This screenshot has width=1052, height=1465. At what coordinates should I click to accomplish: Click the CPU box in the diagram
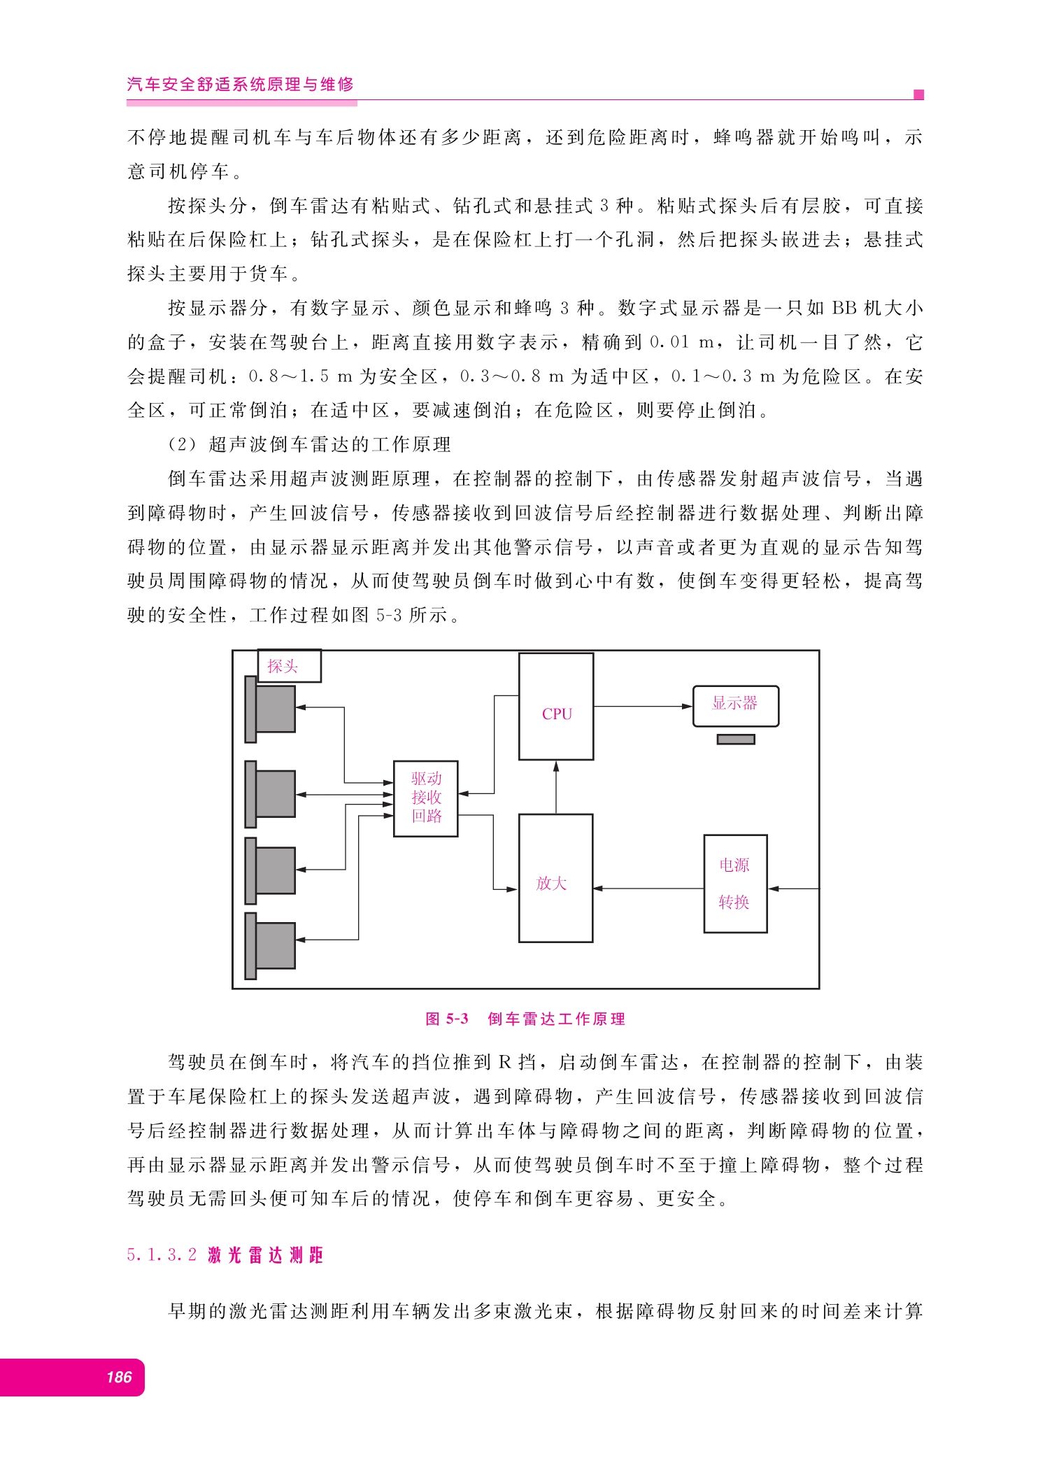pyautogui.click(x=556, y=707)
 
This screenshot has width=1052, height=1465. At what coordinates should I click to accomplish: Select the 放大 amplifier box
pyautogui.click(x=556, y=878)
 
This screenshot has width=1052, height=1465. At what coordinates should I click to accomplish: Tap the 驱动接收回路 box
pyautogui.click(x=426, y=798)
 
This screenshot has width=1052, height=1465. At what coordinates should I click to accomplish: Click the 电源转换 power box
pyautogui.click(x=735, y=884)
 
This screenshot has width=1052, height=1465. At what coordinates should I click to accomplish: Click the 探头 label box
pyautogui.click(x=290, y=665)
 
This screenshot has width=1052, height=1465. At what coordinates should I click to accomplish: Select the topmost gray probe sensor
pyautogui.click(x=270, y=709)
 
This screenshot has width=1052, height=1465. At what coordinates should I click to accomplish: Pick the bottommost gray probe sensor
pyautogui.click(x=270, y=946)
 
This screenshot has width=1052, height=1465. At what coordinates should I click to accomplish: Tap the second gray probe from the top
pyautogui.click(x=270, y=794)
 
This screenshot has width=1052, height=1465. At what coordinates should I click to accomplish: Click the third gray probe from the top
pyautogui.click(x=270, y=871)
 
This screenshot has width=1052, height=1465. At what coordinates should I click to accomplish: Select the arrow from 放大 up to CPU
pyautogui.click(x=556, y=787)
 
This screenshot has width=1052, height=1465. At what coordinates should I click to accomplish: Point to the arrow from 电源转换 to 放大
pyautogui.click(x=648, y=889)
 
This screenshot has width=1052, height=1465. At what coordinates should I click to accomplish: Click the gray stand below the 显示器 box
pyautogui.click(x=736, y=739)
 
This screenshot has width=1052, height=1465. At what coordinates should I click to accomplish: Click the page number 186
pyautogui.click(x=119, y=1377)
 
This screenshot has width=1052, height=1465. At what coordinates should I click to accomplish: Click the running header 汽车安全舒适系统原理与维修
pyautogui.click(x=241, y=85)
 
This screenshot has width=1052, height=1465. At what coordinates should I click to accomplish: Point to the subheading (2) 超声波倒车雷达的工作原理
pyautogui.click(x=310, y=444)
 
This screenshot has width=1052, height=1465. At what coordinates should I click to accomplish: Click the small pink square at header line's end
pyautogui.click(x=919, y=94)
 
